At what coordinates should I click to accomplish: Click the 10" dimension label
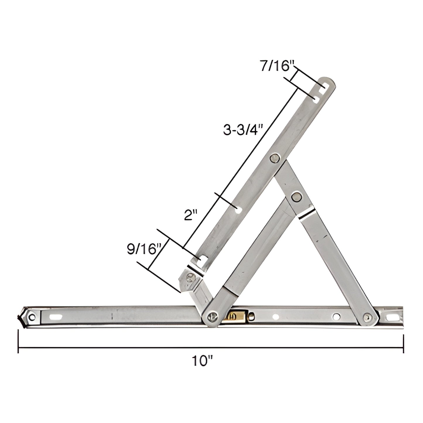[x=202, y=361]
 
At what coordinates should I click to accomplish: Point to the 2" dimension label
[x=190, y=216]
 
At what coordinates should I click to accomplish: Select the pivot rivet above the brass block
[x=212, y=316]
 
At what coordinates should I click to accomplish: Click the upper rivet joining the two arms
[x=275, y=158]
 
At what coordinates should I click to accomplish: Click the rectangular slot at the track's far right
[x=391, y=317]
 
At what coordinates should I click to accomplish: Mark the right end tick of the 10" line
[x=404, y=344]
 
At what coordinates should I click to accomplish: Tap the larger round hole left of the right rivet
[x=337, y=316]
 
